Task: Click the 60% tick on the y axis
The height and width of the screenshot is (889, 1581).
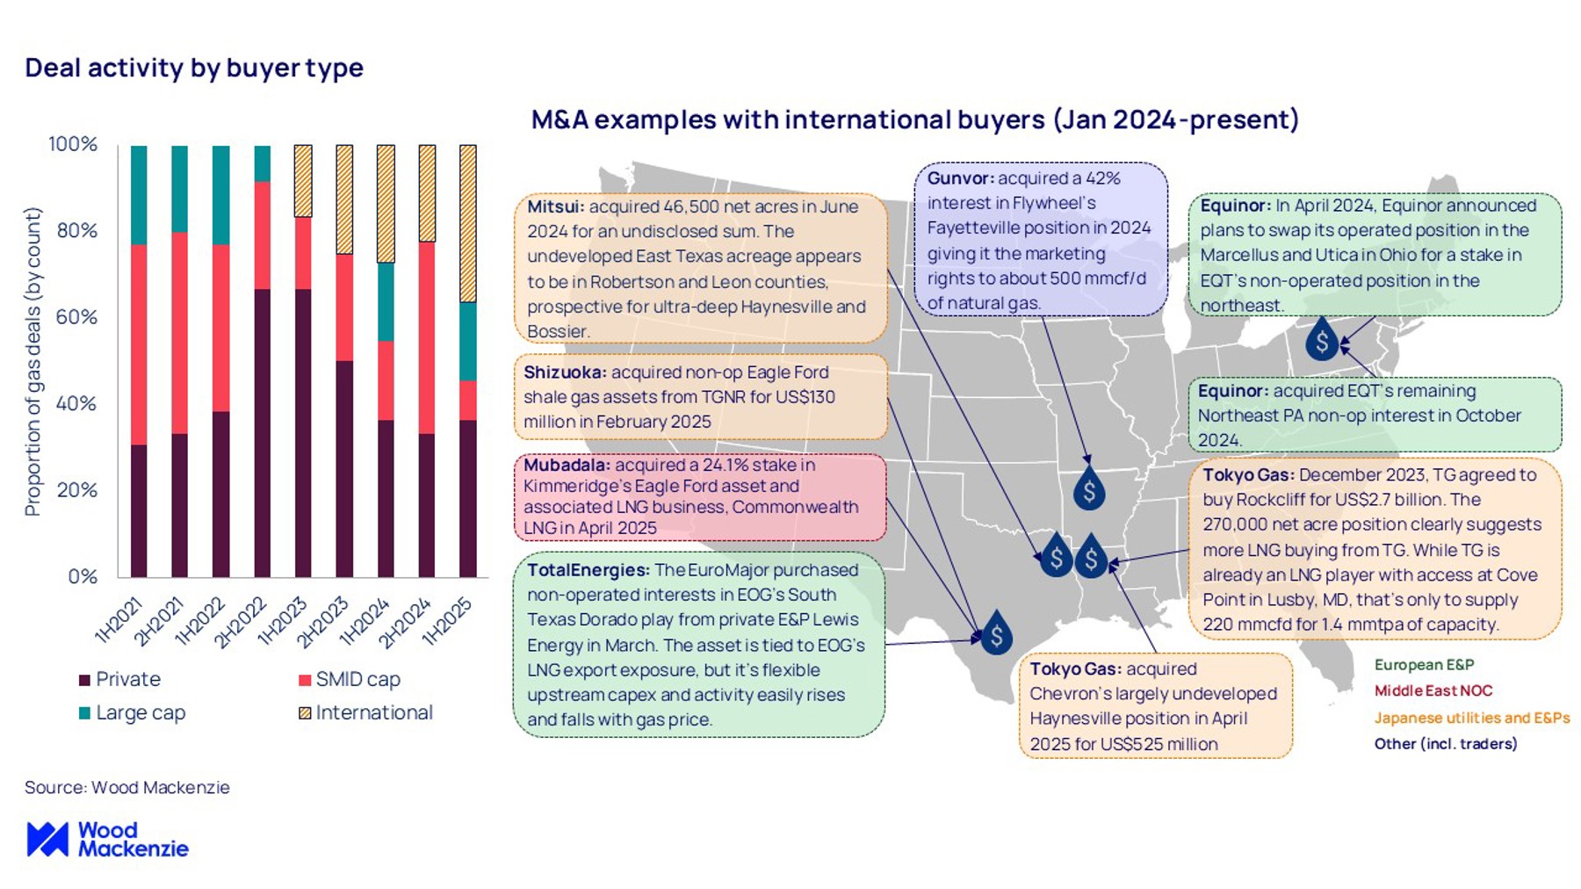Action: click(x=76, y=317)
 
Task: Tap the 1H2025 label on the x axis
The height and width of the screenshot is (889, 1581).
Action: click(x=447, y=621)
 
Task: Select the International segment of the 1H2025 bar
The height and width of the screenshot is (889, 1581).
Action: click(x=468, y=223)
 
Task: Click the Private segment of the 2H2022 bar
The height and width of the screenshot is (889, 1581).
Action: click(x=262, y=432)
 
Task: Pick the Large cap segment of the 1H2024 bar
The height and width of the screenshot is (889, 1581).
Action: click(x=386, y=301)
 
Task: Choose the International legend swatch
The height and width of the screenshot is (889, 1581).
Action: click(x=305, y=713)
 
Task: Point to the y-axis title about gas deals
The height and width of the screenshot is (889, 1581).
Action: click(x=32, y=361)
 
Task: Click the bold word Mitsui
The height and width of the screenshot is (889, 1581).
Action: click(x=555, y=207)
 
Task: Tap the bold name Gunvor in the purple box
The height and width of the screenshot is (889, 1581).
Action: click(x=960, y=178)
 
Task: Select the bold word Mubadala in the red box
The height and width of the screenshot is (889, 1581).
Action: click(x=567, y=465)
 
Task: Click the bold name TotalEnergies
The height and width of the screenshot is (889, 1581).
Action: click(x=588, y=570)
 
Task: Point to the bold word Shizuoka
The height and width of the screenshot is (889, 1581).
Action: click(x=565, y=372)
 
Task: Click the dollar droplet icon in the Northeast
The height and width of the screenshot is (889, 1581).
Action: click(x=1321, y=341)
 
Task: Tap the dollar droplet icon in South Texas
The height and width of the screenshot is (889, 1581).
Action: click(x=996, y=634)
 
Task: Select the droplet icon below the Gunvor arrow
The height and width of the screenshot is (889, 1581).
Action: click(x=1089, y=490)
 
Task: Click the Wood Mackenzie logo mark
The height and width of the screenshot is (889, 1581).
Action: click(x=47, y=840)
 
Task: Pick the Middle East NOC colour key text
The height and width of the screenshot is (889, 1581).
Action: click(x=1433, y=691)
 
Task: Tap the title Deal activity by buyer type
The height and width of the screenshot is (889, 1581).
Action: click(x=194, y=68)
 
